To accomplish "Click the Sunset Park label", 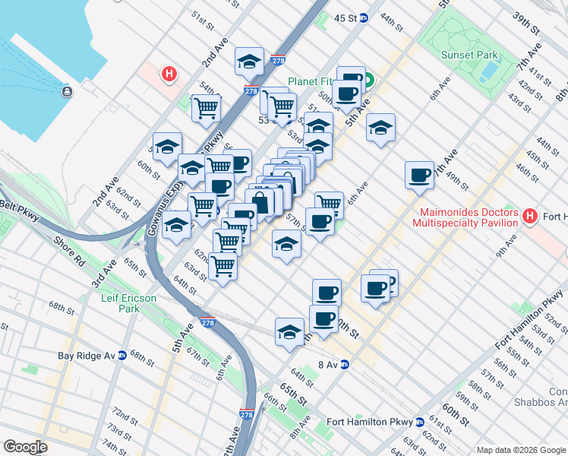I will pyautogui.click(x=469, y=55).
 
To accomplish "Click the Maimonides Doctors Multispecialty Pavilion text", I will pyautogui.click(x=465, y=217).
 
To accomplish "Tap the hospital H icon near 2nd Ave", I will pyautogui.click(x=169, y=74).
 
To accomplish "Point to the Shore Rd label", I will pyautogui.click(x=68, y=252).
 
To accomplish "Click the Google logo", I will pyautogui.click(x=25, y=447).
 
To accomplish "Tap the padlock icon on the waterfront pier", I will pyautogui.click(x=68, y=92).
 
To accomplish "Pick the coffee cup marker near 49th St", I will pyautogui.click(x=419, y=176).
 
